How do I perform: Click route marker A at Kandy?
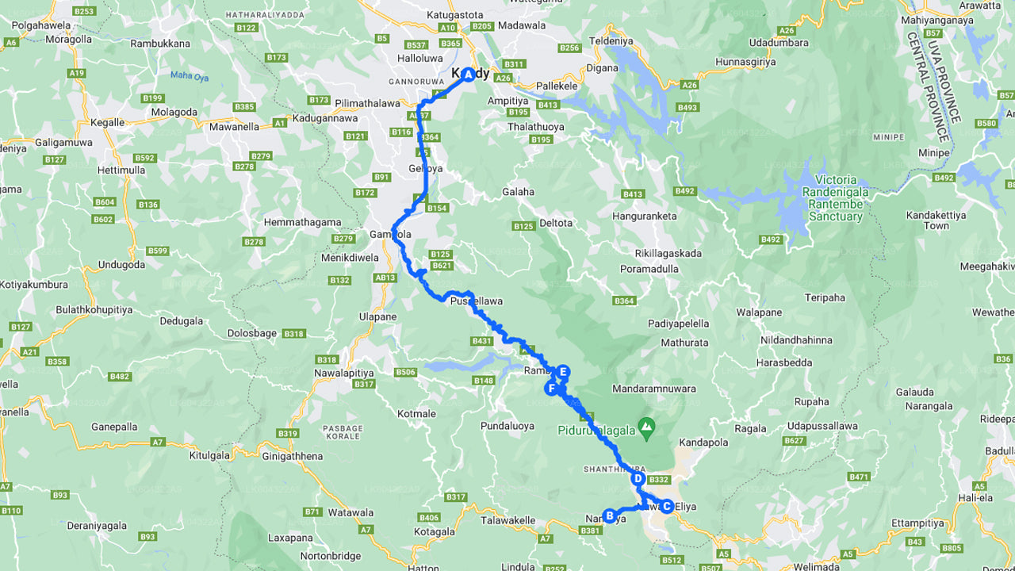tap(468, 75)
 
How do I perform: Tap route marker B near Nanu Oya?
tap(609, 515)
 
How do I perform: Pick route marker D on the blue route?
tap(637, 478)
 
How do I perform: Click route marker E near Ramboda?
tap(563, 371)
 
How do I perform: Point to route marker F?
tap(551, 388)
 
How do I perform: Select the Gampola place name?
tap(390, 235)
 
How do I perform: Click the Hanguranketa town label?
tap(645, 216)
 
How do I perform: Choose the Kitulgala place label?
tap(209, 455)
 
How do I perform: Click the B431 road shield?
tap(482, 341)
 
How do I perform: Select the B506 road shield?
tap(405, 372)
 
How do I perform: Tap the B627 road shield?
tap(794, 441)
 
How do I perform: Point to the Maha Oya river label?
tap(188, 76)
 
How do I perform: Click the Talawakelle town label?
tap(507, 521)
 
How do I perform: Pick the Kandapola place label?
tap(703, 441)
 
